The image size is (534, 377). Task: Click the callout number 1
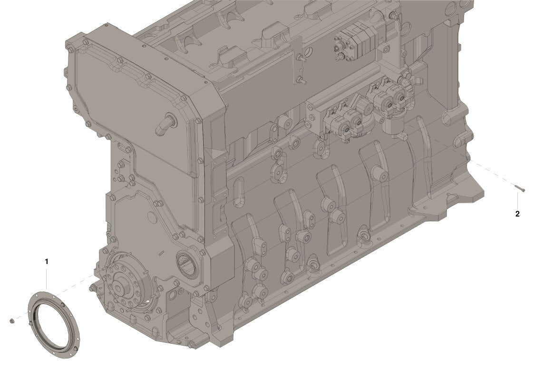click(47, 262)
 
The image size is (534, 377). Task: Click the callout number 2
click(517, 214)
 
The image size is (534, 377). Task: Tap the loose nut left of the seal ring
click(12, 320)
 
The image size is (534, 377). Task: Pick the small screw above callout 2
click(519, 188)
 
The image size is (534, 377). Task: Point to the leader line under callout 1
click(47, 278)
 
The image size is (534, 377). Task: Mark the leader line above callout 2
click(517, 200)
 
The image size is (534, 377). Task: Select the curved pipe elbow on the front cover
click(165, 124)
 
